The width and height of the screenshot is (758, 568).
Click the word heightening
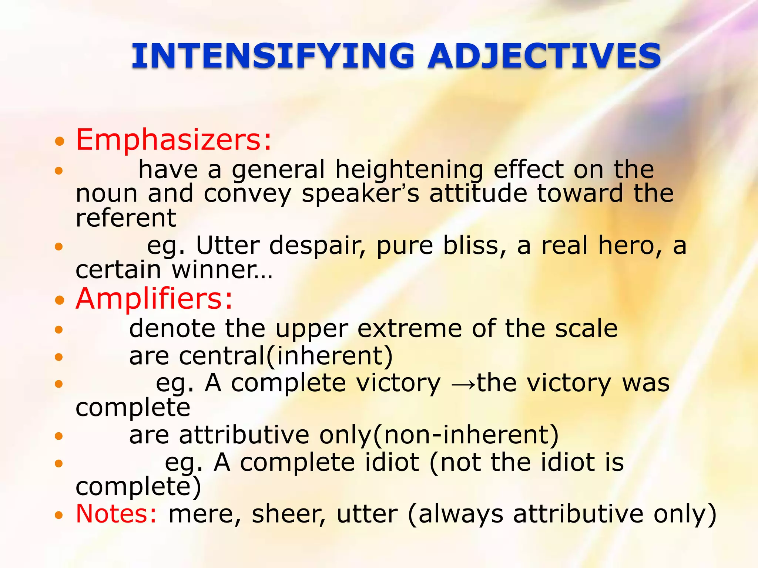coord(409,170)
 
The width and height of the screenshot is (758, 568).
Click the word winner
coord(218,270)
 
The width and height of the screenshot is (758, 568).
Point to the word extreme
coord(410,328)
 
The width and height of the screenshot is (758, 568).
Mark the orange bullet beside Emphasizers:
coord(59,141)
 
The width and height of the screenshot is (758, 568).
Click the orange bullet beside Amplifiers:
coord(59,300)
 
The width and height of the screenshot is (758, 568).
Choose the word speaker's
coord(360,194)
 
